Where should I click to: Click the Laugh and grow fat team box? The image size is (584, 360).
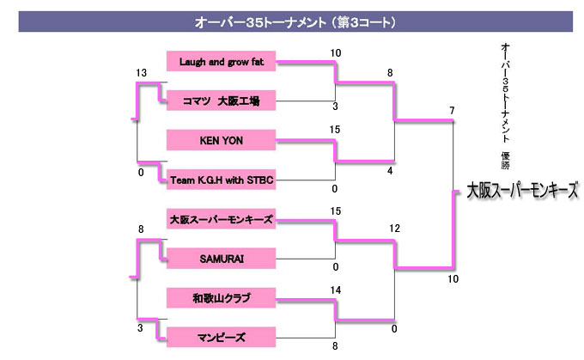pos(221,61)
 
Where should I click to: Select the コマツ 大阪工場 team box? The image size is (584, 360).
pos(221,101)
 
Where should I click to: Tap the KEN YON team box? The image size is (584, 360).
pos(221,140)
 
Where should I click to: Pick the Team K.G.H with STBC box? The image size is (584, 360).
pos(221,180)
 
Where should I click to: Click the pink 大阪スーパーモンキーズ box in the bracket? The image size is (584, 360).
pos(221,219)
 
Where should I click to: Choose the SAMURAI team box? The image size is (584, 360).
pos(221,258)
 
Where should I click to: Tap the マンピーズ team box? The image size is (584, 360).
pos(221,337)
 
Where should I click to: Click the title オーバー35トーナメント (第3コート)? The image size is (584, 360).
pos(295,21)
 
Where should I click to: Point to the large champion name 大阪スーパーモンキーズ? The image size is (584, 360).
pos(523,190)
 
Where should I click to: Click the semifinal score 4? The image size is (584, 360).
pos(391,171)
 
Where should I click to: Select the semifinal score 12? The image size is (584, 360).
pos(394,229)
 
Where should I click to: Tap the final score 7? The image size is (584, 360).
pos(452,110)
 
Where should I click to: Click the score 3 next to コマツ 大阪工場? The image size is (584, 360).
pos(334,107)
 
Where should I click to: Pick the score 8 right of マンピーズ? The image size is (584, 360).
pos(334,345)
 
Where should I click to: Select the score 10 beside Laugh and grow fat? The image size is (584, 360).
pos(335,53)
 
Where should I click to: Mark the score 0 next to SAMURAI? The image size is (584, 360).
pos(334,266)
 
